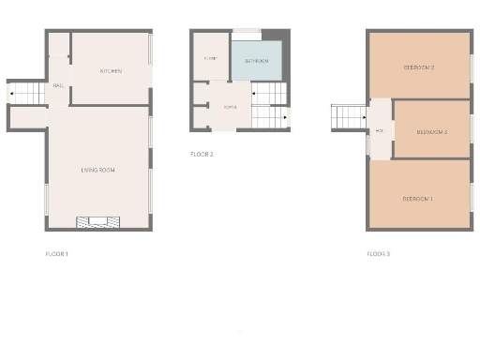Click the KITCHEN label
[x=112, y=71]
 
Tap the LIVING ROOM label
[x=97, y=170]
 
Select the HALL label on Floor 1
[x=58, y=85]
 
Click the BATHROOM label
[x=257, y=61]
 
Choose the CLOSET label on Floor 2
[x=211, y=59]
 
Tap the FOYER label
[x=229, y=108]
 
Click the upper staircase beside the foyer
[x=268, y=94]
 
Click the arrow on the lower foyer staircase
[x=285, y=119]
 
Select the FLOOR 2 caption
[x=202, y=154]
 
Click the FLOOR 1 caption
[x=57, y=254]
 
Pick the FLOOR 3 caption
[x=379, y=254]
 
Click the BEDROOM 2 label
[x=418, y=67]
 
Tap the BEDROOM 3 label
[x=431, y=132]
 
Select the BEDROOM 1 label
[x=417, y=199]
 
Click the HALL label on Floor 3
[x=380, y=131]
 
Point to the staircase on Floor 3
[x=348, y=117]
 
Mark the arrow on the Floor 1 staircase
[x=12, y=94]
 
